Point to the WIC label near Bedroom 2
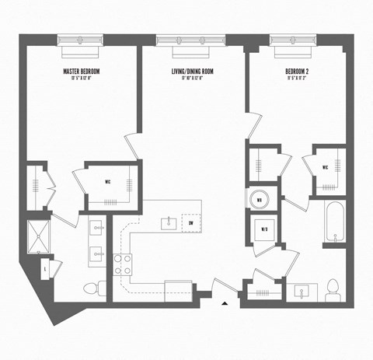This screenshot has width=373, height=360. pyautogui.click(x=326, y=166)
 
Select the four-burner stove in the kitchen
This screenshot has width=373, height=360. pyautogui.click(x=123, y=265)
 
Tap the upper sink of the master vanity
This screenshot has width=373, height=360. pyautogui.click(x=97, y=229)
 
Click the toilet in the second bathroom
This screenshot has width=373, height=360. pyautogui.click(x=333, y=288)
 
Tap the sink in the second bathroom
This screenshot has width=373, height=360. pyautogui.click(x=302, y=292)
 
